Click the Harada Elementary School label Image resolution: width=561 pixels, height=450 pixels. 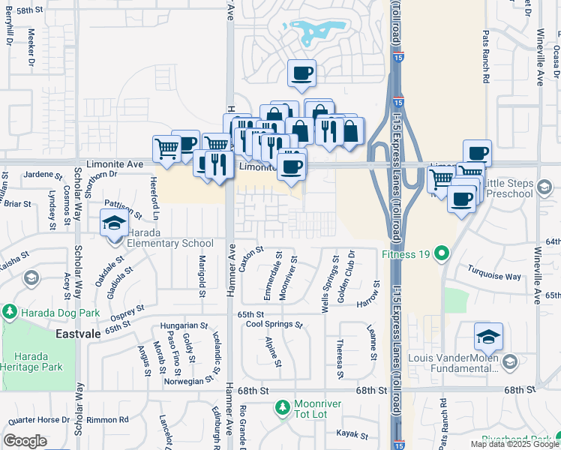point(169,243)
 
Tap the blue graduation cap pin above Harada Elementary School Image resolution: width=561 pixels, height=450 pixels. point(114,223)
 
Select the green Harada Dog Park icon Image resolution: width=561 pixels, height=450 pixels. point(10,311)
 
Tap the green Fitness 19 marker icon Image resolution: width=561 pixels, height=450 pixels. point(442,253)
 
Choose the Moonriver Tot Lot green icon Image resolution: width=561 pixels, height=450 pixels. point(283,407)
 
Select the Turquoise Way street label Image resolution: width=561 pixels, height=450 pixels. point(493,276)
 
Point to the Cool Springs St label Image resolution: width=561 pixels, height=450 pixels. point(274,325)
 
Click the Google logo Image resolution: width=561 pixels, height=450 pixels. point(25,441)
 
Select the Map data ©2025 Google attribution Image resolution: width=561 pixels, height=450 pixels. point(514,444)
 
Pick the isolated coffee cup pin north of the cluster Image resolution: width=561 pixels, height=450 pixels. point(302,73)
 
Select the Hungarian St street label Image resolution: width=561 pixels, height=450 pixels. point(184,326)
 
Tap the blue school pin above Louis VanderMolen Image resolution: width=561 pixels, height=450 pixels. point(488,337)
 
